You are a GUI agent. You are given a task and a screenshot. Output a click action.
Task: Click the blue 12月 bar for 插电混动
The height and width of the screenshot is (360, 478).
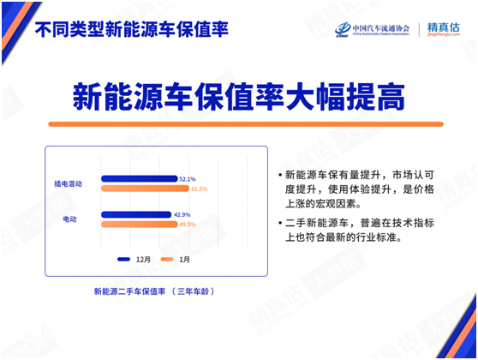pyautogui.click(x=139, y=179)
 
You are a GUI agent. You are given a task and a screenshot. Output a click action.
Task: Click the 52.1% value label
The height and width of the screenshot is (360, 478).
pyautogui.click(x=188, y=179)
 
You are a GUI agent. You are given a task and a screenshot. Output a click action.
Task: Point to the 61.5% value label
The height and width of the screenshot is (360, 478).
pyautogui.click(x=200, y=189)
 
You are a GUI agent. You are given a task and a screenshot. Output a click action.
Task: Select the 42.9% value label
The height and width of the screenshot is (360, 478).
pyautogui.click(x=182, y=214)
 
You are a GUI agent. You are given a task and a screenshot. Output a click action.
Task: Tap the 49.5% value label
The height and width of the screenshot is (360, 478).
pyautogui.click(x=188, y=224)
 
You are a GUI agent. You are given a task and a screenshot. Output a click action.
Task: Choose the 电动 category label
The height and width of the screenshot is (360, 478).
pyautogui.click(x=70, y=219)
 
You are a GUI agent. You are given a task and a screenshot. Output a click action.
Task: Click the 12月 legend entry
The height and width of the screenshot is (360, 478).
pyautogui.click(x=135, y=258)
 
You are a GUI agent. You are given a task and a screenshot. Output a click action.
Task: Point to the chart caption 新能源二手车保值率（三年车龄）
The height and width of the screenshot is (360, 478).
pyautogui.click(x=153, y=291)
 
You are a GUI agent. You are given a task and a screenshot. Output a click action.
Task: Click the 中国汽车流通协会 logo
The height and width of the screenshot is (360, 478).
pyautogui.click(x=372, y=30)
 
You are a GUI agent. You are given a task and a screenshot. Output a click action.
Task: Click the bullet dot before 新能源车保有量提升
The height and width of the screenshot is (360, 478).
pyautogui.click(x=279, y=174)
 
